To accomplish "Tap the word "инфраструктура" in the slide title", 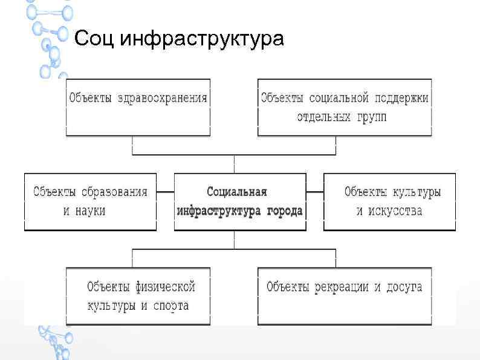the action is (202, 40).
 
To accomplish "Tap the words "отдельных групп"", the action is (341, 116).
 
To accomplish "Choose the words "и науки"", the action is (85, 211).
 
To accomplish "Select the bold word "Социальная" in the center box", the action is (236, 192).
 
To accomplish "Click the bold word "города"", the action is (284, 211).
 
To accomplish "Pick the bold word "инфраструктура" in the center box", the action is (219, 211).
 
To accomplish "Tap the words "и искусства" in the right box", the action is (389, 211).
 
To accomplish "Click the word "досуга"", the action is (402, 287).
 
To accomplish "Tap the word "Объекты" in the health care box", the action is (90, 97).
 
